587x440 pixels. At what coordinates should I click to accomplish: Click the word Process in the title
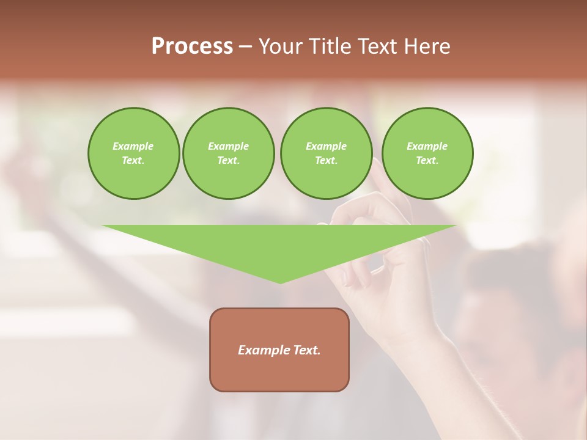[192, 46]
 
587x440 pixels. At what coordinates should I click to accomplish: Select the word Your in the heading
[282, 46]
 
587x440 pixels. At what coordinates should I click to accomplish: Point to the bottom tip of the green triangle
[281, 282]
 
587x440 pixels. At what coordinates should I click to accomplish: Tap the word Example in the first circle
[133, 146]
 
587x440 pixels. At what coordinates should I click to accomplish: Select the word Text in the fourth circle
[427, 160]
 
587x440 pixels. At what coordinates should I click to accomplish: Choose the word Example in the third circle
[326, 146]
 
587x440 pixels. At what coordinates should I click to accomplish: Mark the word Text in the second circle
[228, 160]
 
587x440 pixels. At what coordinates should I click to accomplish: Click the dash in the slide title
[245, 47]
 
